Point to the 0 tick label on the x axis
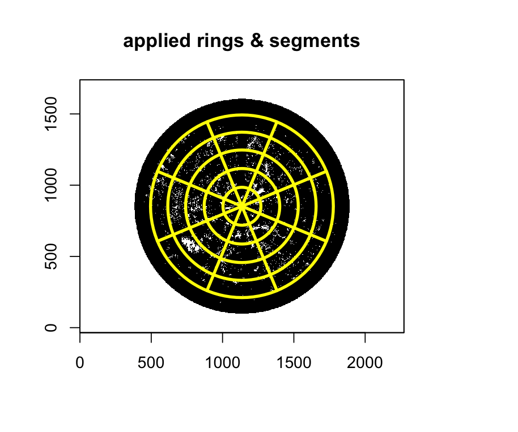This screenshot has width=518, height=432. tap(80, 362)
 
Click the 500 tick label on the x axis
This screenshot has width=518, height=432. tap(151, 362)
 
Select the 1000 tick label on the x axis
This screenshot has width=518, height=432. tap(222, 362)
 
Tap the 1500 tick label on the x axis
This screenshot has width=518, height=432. tap(294, 362)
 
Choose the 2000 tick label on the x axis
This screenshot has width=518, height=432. tap(365, 362)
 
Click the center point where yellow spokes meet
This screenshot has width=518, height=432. tap(242, 207)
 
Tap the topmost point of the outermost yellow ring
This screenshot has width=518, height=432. tap(242, 114)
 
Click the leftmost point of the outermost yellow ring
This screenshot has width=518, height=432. tap(150, 207)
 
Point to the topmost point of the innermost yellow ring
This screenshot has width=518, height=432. tap(242, 188)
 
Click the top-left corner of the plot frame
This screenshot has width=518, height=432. tap(80, 80)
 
